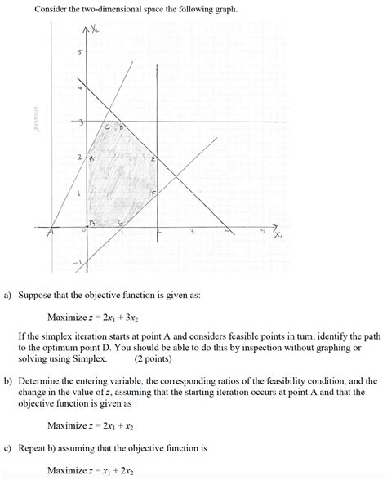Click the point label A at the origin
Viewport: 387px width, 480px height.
92,222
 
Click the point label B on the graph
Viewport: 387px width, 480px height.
92,159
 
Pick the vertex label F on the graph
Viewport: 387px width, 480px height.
153,193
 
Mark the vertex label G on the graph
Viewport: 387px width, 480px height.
122,222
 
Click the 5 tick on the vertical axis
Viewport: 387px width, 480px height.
80,53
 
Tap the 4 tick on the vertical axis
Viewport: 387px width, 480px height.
79,87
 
